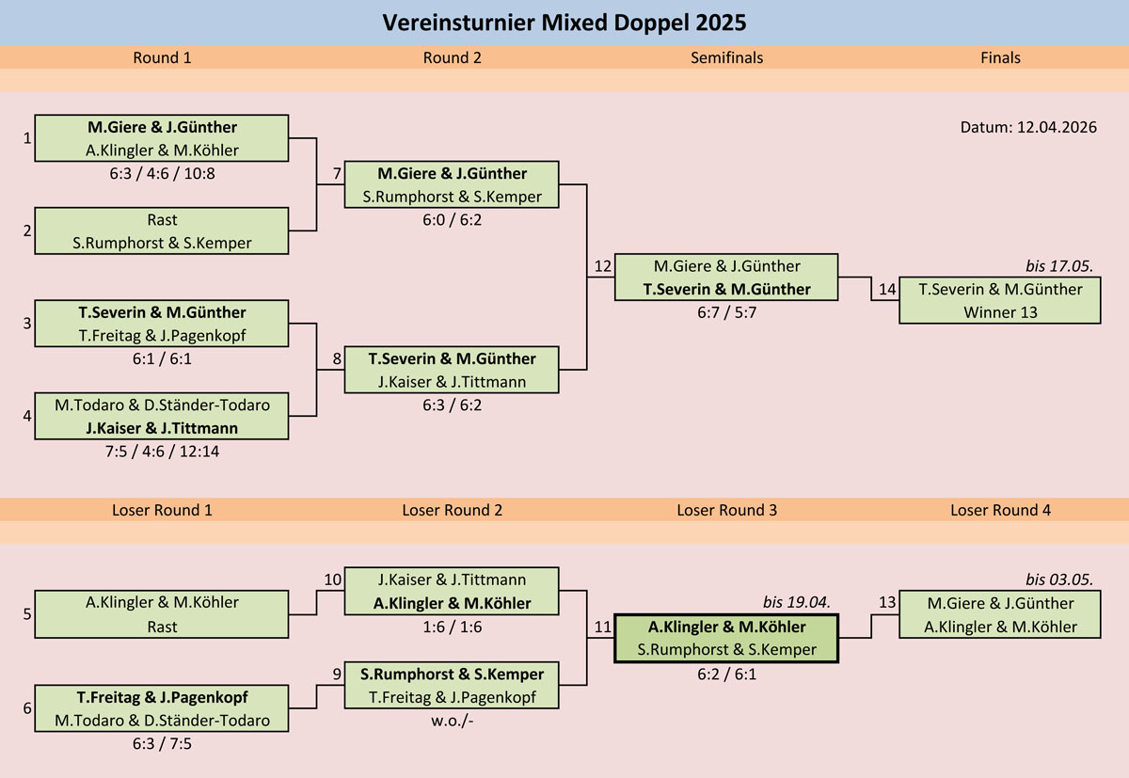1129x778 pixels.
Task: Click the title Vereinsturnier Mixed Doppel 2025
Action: pos(564,22)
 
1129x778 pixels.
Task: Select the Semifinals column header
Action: pos(726,57)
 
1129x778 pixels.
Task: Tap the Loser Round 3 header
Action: pos(726,510)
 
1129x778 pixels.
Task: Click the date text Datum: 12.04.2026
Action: pos(1028,127)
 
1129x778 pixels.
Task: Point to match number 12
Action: pos(602,267)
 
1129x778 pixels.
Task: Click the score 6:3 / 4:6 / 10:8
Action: pos(162,173)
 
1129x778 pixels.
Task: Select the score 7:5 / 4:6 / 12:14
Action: pos(162,451)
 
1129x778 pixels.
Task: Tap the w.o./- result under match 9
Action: pos(452,720)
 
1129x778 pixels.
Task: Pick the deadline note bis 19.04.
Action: pos(799,603)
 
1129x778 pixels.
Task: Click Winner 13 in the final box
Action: pos(1000,311)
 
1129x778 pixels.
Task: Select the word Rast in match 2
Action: pos(162,220)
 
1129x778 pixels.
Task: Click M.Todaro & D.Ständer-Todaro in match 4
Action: pos(162,405)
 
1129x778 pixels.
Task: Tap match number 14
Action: pos(887,290)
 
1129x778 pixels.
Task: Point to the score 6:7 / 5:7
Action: pos(726,312)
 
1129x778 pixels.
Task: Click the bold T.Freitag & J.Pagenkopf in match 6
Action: pos(162,697)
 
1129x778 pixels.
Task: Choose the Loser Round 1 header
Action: pos(162,510)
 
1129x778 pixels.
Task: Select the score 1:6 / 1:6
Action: pos(452,627)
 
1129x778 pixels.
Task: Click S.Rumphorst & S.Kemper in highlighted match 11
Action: pos(726,649)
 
